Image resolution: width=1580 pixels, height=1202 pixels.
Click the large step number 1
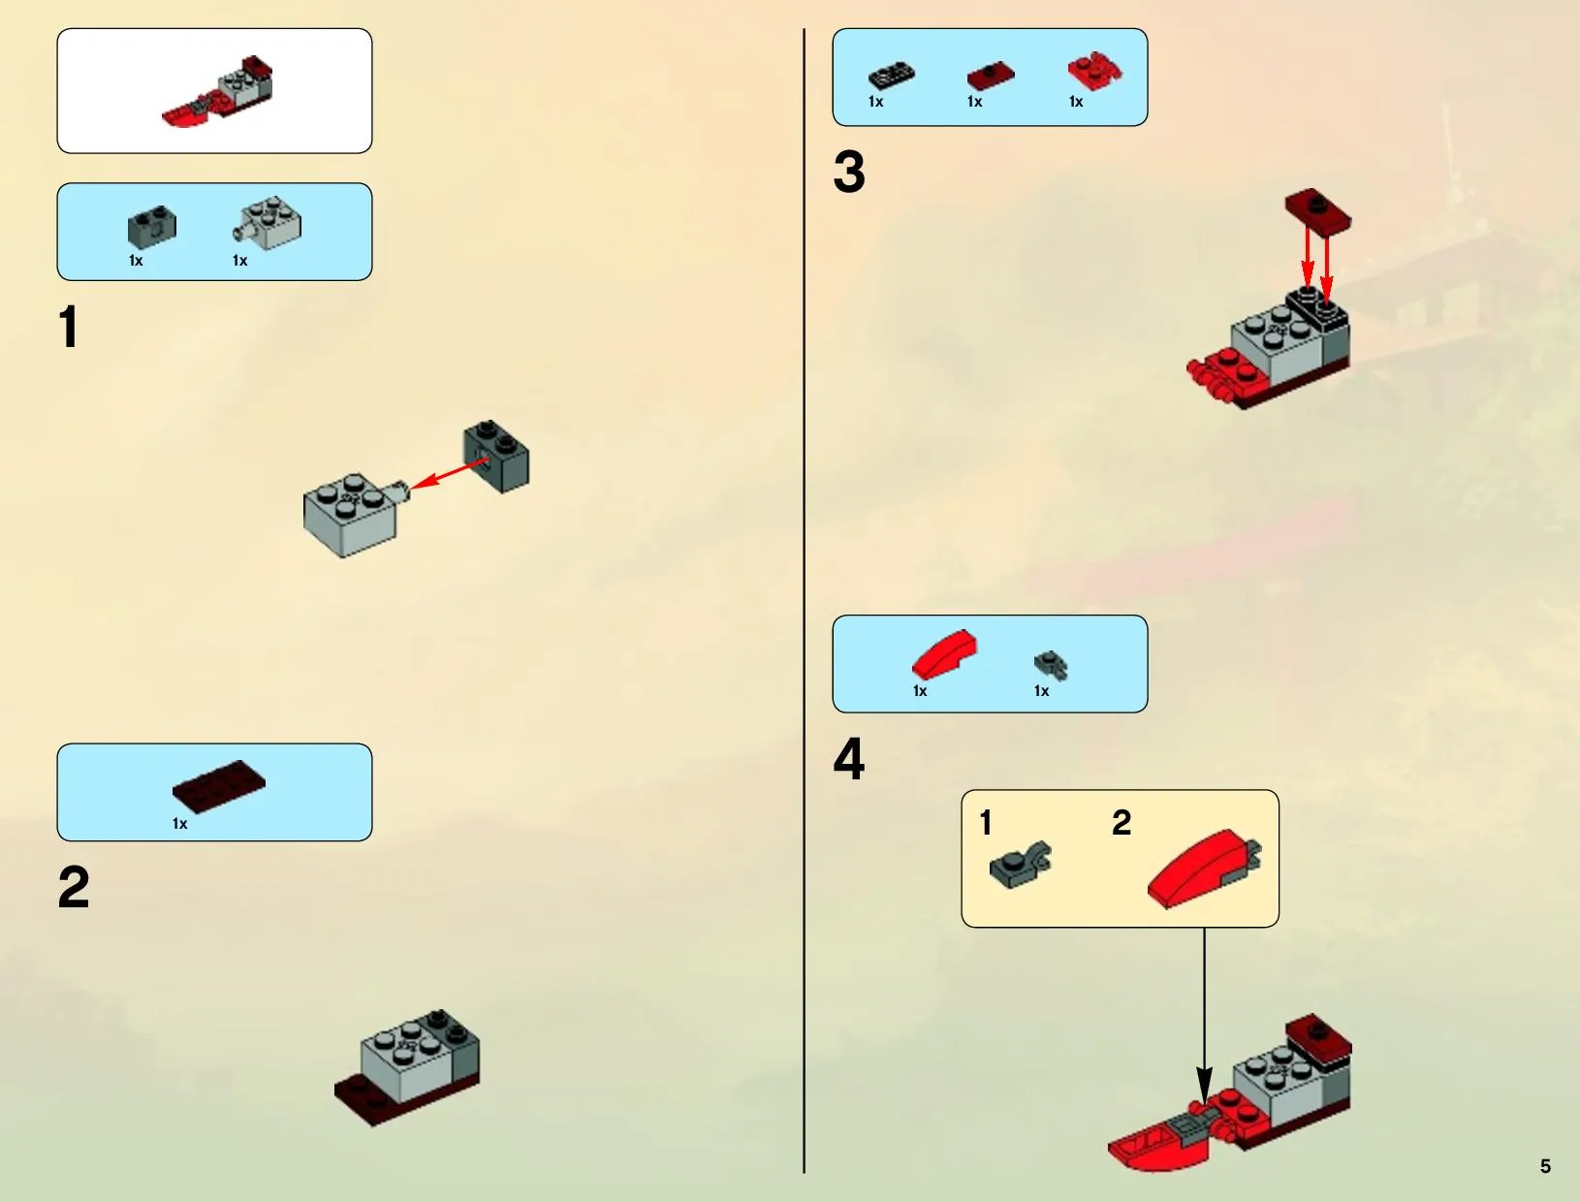(x=69, y=327)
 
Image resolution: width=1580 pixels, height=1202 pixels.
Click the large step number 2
(x=74, y=888)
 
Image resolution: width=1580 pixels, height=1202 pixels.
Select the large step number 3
(x=849, y=172)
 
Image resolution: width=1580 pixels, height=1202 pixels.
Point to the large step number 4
(x=849, y=759)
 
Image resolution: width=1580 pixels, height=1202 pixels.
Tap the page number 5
(x=1545, y=1166)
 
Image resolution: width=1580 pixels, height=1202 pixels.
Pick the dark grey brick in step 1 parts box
(x=152, y=227)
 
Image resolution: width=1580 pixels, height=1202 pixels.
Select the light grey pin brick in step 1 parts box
(x=268, y=223)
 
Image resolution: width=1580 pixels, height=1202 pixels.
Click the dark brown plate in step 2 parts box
(x=219, y=786)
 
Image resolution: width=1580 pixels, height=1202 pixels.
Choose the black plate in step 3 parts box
(x=892, y=76)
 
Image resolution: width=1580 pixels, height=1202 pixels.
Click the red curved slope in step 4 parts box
(x=944, y=654)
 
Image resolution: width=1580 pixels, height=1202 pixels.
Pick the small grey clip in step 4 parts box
(x=1051, y=665)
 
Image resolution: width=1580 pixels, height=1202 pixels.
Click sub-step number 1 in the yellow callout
(x=986, y=823)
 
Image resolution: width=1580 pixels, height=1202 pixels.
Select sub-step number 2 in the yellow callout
(x=1122, y=823)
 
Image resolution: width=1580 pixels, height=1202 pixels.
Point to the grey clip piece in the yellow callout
(x=1020, y=865)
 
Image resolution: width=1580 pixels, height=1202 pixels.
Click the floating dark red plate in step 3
(x=1318, y=211)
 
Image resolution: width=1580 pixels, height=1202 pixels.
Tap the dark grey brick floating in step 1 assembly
(x=496, y=457)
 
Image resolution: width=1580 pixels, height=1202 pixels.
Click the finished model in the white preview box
(x=217, y=91)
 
